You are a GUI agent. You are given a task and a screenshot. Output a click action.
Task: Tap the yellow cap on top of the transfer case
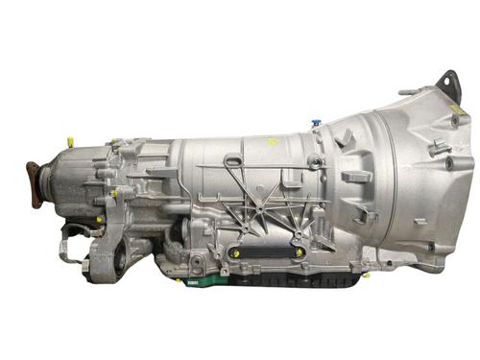[68, 142]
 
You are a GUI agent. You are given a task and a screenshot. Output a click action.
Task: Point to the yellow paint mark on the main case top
[272, 141]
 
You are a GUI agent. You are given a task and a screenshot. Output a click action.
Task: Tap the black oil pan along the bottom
[288, 278]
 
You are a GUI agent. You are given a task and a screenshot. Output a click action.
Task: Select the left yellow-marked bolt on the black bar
[231, 252]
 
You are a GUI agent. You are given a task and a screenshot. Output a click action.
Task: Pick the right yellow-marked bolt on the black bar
[300, 252]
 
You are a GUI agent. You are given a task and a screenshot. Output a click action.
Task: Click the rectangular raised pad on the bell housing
[355, 178]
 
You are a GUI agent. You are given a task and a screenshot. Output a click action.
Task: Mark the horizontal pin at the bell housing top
[408, 93]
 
